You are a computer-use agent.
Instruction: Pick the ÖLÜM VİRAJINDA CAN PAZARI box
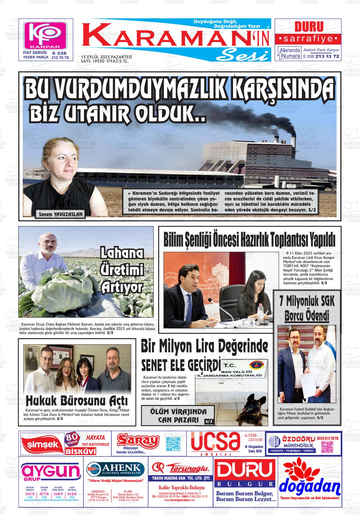pos(178,415)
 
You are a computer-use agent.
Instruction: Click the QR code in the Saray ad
pos(173,444)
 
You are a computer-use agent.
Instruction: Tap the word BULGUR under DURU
pos(245,484)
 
